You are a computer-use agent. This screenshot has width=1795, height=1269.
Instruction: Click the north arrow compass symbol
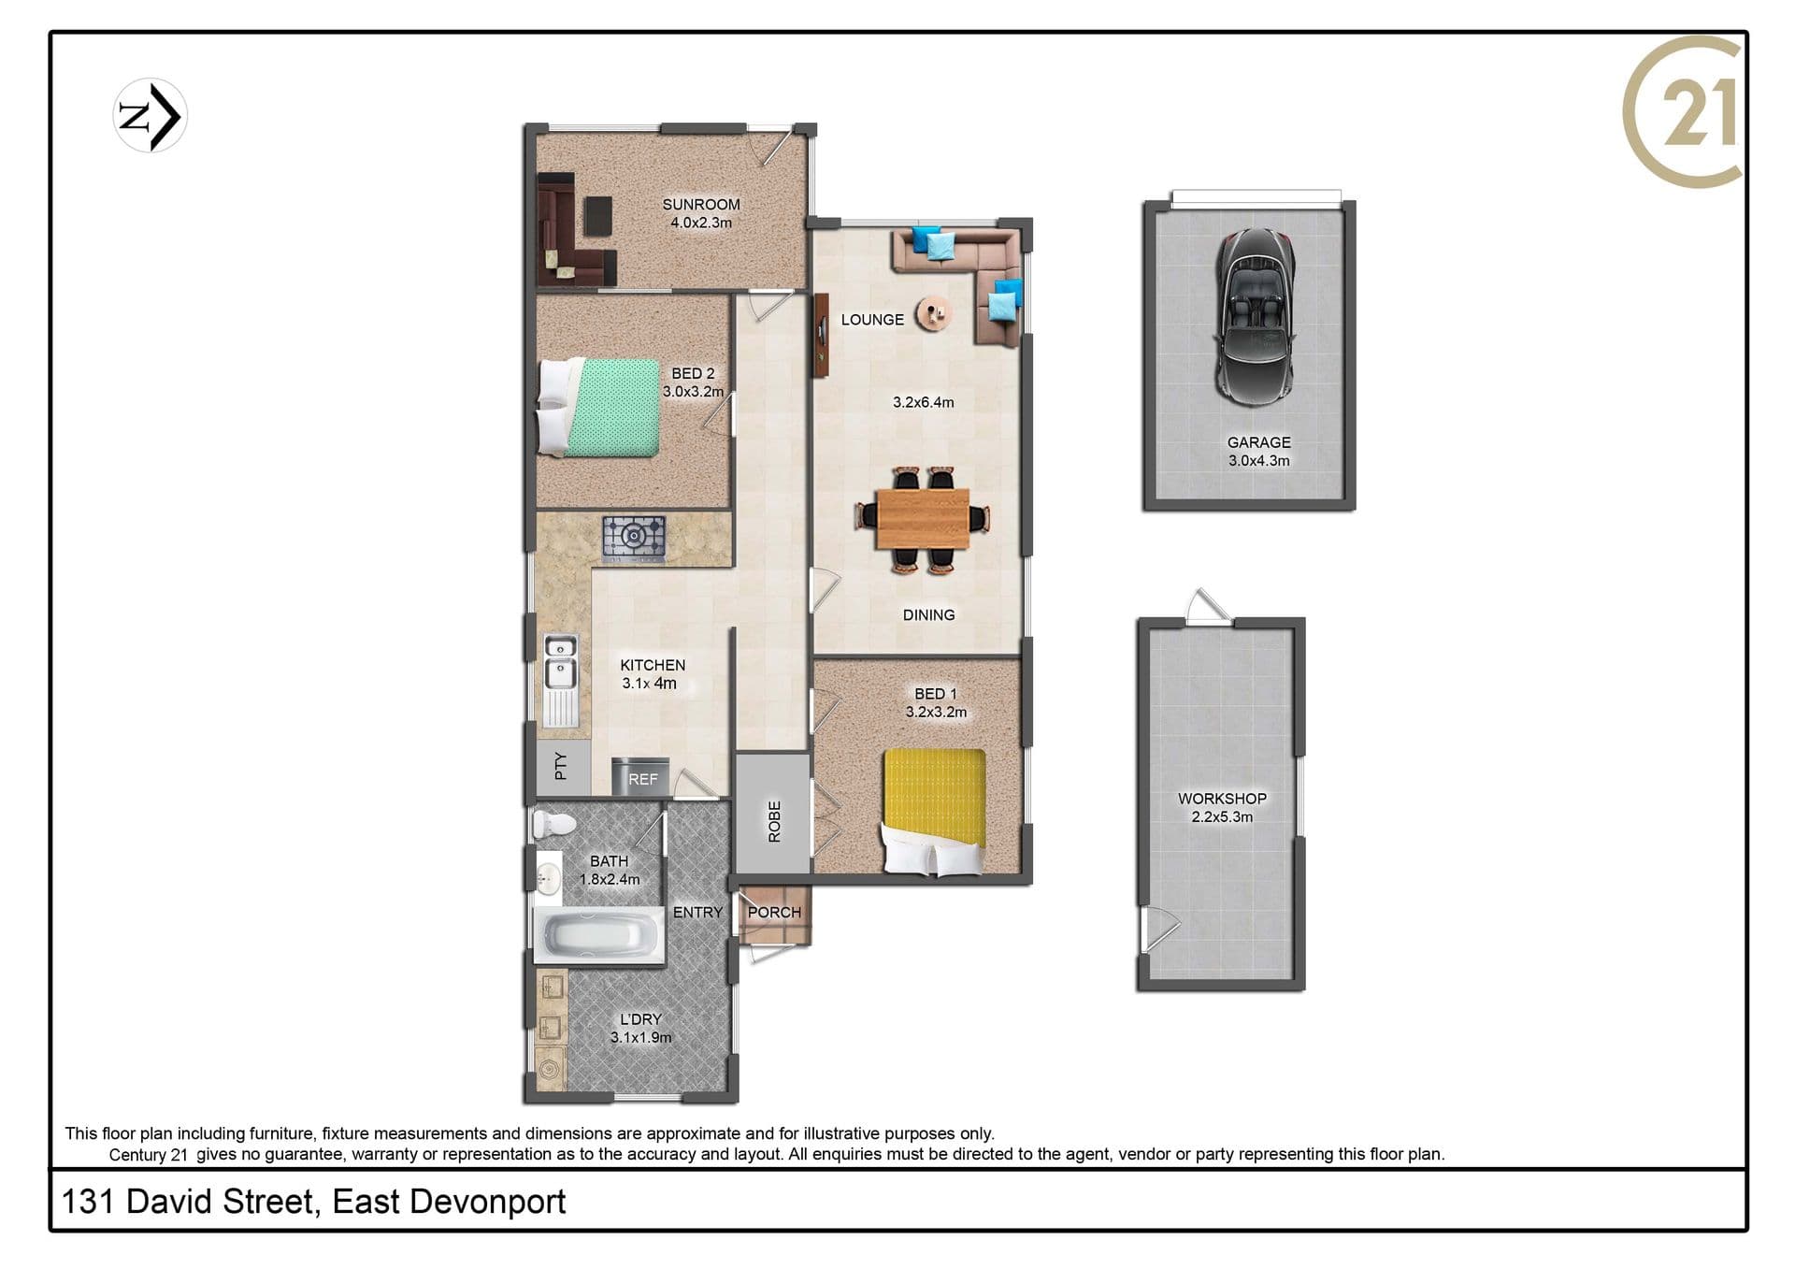coord(150,116)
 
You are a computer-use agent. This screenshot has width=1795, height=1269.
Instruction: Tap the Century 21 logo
coord(1683,112)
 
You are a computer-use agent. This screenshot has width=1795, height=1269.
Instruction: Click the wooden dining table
coord(923,519)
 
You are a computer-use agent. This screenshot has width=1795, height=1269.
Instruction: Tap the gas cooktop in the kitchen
coord(634,538)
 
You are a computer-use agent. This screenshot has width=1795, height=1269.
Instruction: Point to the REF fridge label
coord(642,779)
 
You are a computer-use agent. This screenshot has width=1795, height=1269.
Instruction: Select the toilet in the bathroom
coord(554,824)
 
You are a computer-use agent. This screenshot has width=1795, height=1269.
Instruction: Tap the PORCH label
coord(774,912)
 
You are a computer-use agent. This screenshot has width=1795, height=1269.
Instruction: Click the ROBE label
coord(774,821)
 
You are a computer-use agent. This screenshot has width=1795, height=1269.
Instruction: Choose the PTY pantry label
coord(560,766)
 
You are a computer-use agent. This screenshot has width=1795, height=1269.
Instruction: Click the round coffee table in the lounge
coord(933,312)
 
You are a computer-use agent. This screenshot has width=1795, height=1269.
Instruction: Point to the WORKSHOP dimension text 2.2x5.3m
coord(1222,816)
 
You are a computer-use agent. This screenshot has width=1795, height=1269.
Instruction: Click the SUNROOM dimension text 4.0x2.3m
coord(701,223)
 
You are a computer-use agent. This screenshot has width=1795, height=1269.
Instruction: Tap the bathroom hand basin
coord(549,877)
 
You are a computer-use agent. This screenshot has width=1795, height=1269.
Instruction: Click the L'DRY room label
coord(640,1019)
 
